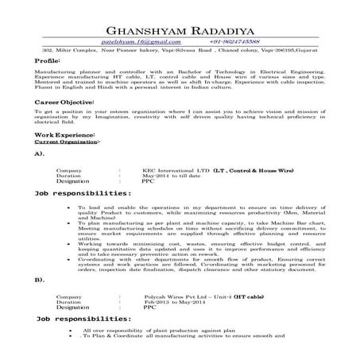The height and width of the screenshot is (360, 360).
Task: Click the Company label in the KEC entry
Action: click(x=68, y=170)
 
